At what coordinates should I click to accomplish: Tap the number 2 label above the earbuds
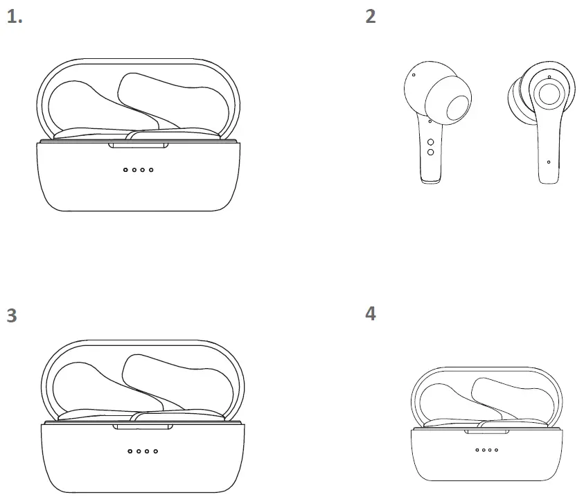tap(371, 17)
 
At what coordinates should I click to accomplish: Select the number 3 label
tap(12, 315)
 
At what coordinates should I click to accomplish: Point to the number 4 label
tap(371, 313)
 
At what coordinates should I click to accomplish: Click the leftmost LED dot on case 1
tap(125, 170)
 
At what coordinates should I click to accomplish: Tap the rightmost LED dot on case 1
tap(152, 170)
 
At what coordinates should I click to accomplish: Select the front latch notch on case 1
tap(139, 145)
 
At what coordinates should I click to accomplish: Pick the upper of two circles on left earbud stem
tap(430, 141)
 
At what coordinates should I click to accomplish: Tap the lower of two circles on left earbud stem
tap(430, 152)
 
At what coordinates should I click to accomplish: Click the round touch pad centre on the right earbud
tap(549, 94)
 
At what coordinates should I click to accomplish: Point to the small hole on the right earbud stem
tap(549, 162)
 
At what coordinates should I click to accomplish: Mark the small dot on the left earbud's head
tap(414, 74)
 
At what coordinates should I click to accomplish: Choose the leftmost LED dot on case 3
tap(130, 451)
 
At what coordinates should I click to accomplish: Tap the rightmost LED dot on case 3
tap(156, 451)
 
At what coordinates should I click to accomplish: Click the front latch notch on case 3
tap(143, 426)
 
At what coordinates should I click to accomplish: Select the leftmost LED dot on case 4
tap(477, 450)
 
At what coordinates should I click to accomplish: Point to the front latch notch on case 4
tap(486, 432)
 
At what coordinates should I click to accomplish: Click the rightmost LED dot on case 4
tap(495, 450)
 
